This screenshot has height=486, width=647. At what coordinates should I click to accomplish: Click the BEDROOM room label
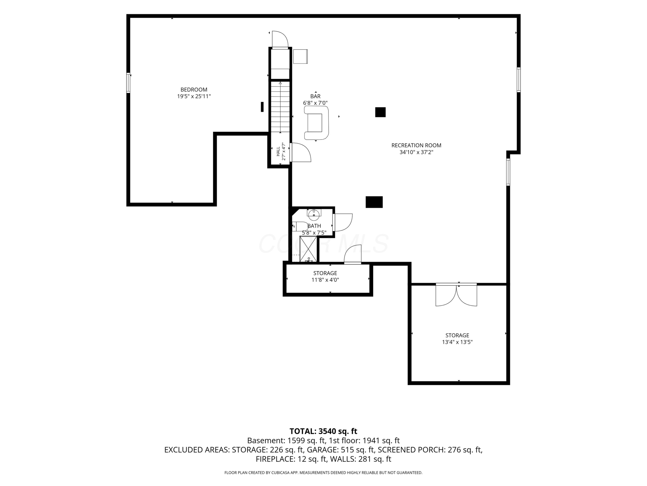point(194,90)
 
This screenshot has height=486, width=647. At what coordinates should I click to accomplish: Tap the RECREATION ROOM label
point(416,145)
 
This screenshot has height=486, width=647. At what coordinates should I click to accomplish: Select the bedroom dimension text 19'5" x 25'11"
point(194,96)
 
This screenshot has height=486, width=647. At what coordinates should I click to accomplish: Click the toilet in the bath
point(300,226)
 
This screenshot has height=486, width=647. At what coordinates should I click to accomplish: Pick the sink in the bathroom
point(314,213)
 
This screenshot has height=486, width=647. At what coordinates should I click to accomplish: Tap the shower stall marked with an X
point(308,249)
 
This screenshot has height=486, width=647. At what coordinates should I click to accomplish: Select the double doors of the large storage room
point(456,295)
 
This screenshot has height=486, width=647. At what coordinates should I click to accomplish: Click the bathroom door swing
point(343,223)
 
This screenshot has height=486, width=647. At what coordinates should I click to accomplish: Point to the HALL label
point(278,151)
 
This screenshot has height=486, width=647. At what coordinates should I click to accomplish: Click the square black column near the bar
point(380,112)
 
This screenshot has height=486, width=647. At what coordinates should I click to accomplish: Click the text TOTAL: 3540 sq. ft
point(323,431)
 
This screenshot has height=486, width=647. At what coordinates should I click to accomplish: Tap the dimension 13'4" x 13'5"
point(457,342)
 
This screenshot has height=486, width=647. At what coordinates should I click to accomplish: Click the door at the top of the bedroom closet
point(280,39)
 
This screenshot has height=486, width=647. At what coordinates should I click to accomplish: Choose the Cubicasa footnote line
point(323,473)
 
